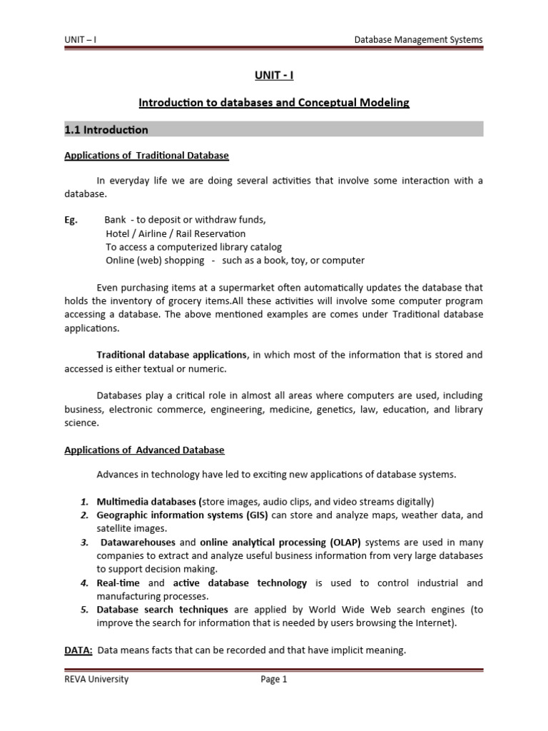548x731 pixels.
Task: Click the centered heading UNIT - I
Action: coord(274,75)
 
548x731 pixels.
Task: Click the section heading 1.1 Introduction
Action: coord(106,130)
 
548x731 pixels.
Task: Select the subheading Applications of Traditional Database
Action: coord(146,155)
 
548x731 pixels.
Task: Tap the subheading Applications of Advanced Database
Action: coord(144,450)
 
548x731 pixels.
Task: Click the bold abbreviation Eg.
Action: coord(71,220)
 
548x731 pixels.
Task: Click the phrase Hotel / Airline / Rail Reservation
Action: coord(175,233)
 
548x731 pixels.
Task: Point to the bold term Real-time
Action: coord(118,583)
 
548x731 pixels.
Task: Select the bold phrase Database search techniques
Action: coord(163,610)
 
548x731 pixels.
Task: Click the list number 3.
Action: coord(83,542)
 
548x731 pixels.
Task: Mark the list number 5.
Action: coord(83,610)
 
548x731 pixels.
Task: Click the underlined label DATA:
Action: coord(78,650)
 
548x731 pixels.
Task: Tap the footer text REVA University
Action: coord(96,680)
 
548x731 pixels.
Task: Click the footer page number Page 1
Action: coord(274,680)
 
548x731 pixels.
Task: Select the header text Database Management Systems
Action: coord(418,39)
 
